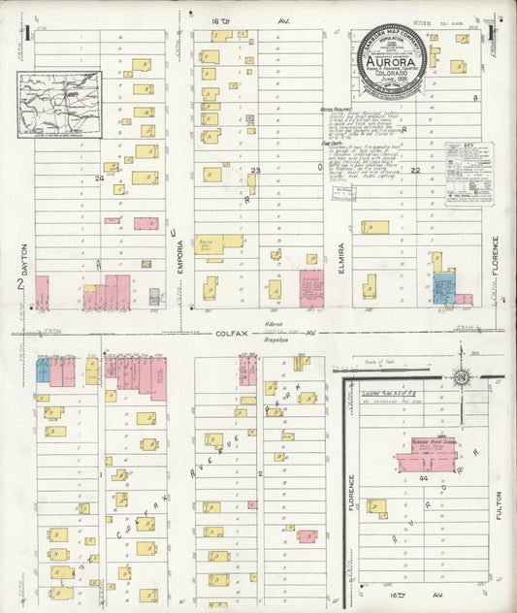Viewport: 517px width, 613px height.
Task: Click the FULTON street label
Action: click(x=501, y=504)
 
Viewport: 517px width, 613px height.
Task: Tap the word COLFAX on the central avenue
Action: click(x=228, y=332)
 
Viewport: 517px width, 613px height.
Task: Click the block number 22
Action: click(x=414, y=171)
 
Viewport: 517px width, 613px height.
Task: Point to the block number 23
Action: click(x=256, y=171)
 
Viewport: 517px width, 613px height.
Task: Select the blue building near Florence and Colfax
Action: click(x=444, y=290)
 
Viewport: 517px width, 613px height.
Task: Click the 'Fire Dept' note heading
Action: click(x=333, y=143)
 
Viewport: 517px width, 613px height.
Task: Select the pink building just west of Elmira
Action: click(x=311, y=288)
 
